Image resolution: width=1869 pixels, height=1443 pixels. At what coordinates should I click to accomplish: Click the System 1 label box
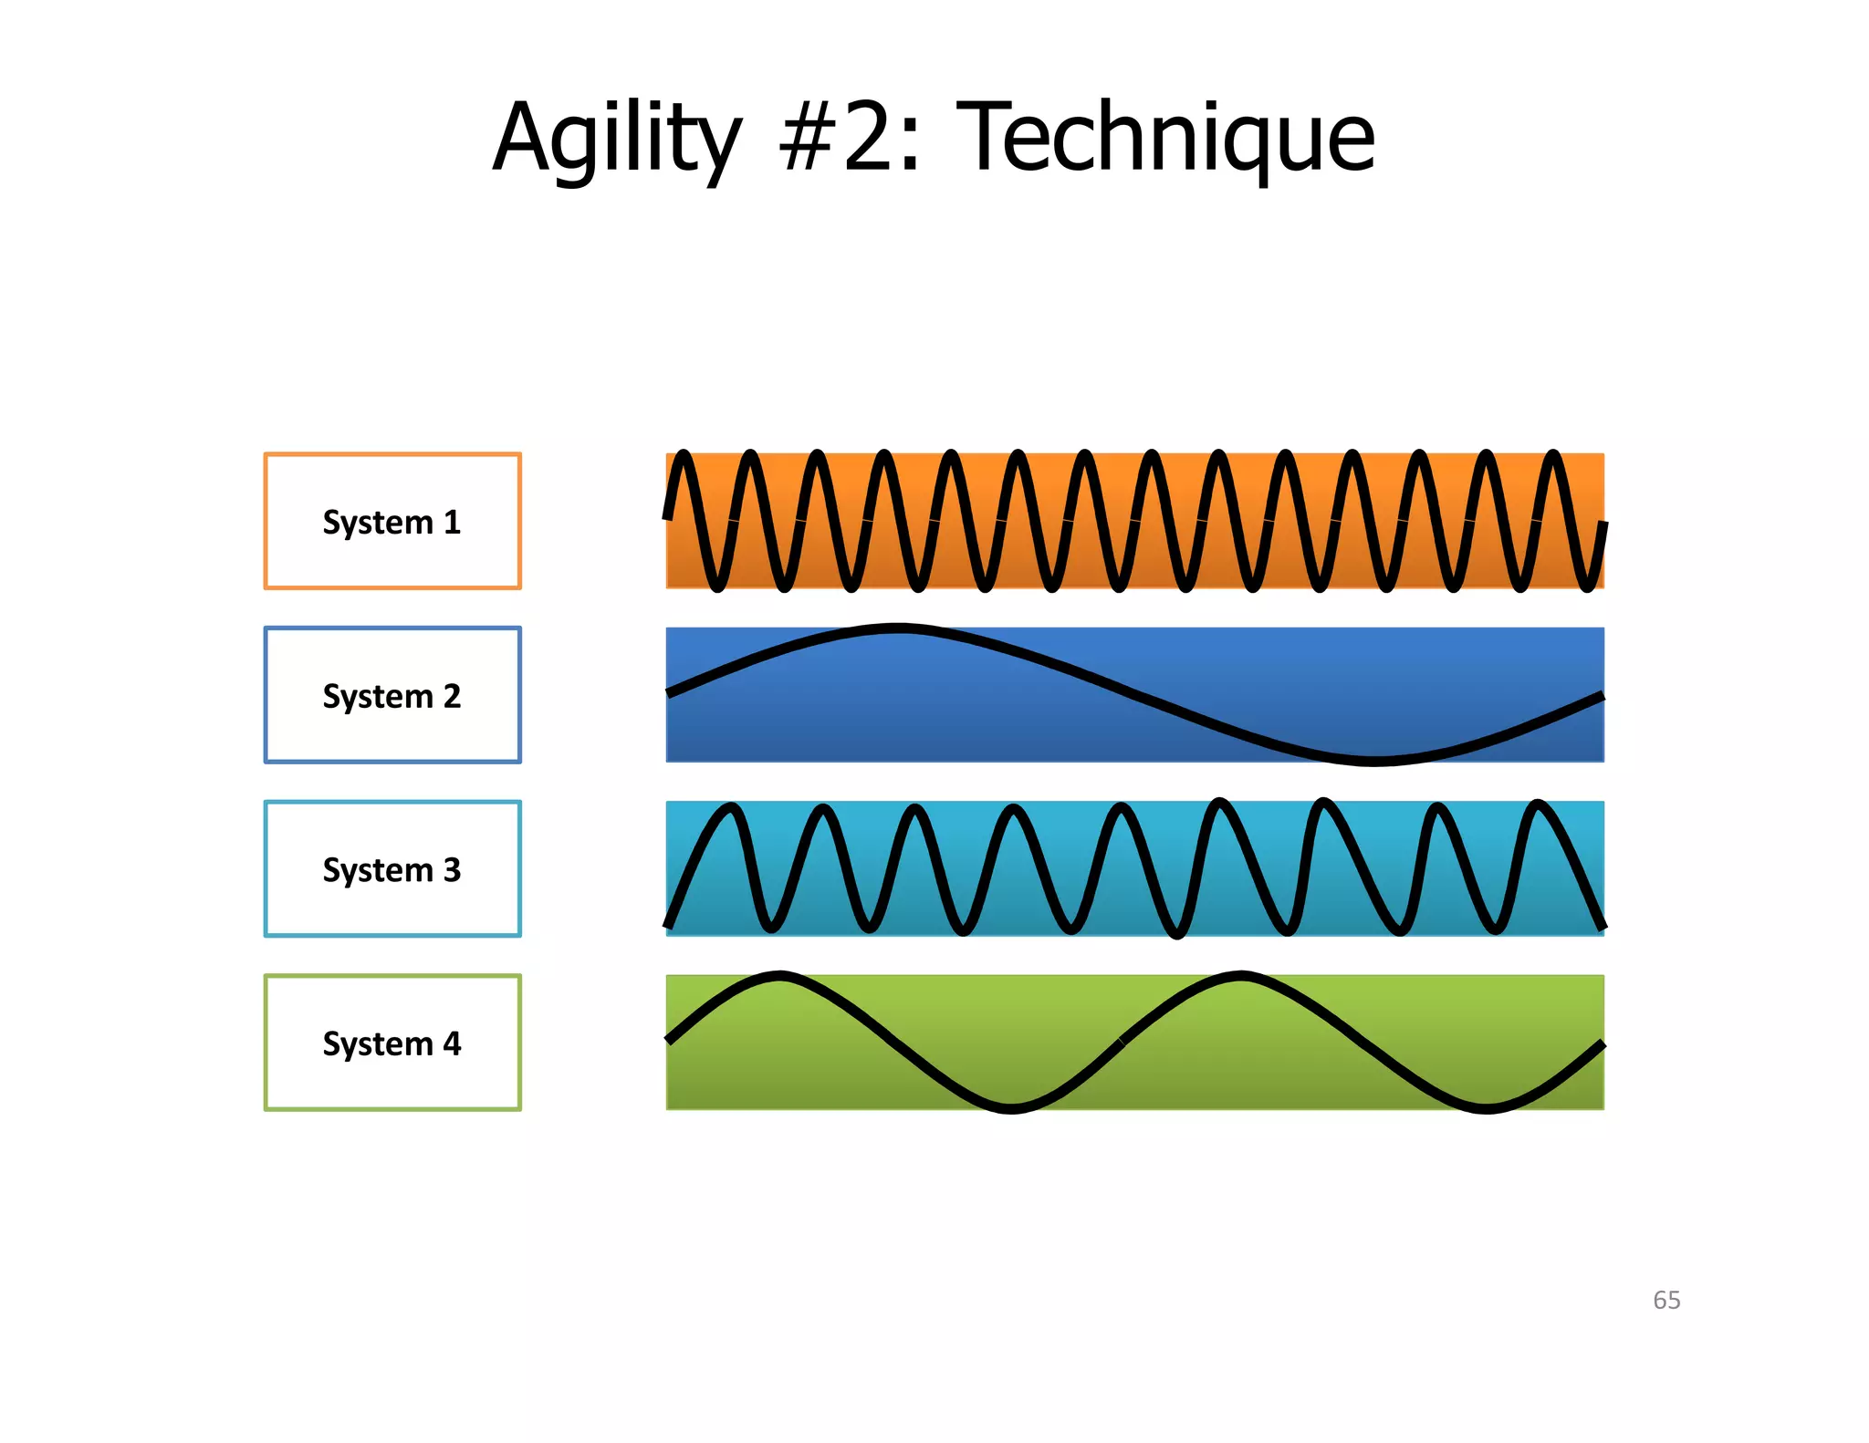(x=392, y=521)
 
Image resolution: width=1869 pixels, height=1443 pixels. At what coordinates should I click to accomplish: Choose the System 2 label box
(x=392, y=695)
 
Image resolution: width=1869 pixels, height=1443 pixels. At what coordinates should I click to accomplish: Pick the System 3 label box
(x=392, y=868)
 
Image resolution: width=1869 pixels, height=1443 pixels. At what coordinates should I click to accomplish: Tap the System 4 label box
(x=392, y=1043)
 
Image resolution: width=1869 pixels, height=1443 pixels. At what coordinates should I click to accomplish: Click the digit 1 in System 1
(x=452, y=522)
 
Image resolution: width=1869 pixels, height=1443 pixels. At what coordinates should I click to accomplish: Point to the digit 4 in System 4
(x=452, y=1043)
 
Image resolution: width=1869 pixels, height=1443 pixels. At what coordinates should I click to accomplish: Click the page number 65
(x=1666, y=1300)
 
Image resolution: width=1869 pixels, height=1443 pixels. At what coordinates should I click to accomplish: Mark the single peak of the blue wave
(x=899, y=628)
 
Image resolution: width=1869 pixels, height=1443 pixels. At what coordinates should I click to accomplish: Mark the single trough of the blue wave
(x=1373, y=760)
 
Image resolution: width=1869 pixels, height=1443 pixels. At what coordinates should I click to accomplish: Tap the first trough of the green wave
(x=1011, y=1107)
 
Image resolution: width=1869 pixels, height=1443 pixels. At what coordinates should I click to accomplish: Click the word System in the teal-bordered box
(x=377, y=869)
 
